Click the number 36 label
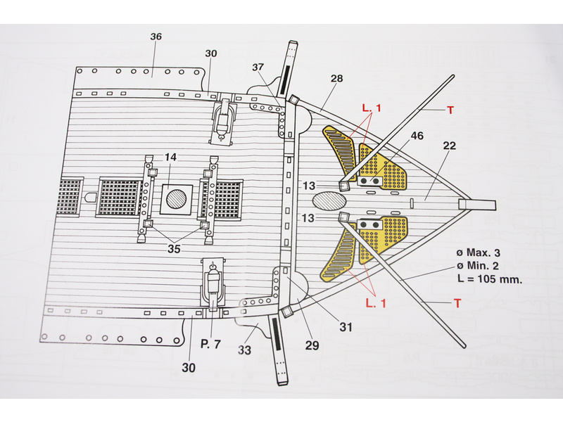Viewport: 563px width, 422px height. tap(156, 37)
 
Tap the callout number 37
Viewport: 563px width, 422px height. tap(257, 68)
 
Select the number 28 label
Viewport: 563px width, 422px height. tap(336, 79)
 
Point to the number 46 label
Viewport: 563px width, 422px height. tap(417, 135)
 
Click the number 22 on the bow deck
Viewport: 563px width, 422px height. tap(450, 146)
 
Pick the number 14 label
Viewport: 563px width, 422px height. tap(171, 158)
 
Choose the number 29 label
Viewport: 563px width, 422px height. tap(312, 345)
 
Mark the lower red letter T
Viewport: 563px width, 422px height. tap(457, 303)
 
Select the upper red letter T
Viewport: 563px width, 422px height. tap(451, 110)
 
